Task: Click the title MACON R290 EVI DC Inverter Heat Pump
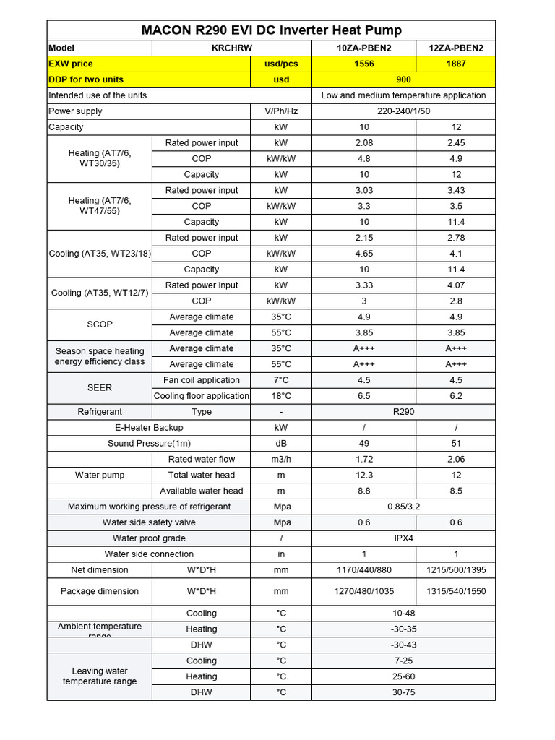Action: (271, 30)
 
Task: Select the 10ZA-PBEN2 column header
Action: (363, 48)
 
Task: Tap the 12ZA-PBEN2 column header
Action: (456, 48)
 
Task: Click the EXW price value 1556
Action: (363, 64)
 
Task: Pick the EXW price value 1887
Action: (456, 64)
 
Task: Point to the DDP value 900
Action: (403, 79)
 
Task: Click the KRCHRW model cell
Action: (202, 48)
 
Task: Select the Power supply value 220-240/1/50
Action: (403, 111)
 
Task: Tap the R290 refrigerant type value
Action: (403, 412)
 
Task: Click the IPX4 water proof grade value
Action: (403, 538)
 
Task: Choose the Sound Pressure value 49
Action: (363, 444)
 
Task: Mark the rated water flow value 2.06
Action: (456, 460)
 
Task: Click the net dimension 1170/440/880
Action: (363, 570)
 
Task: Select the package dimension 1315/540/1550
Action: (456, 591)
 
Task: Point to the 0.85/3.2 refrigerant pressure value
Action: (403, 507)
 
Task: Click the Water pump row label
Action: (100, 476)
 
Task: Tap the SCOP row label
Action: (100, 325)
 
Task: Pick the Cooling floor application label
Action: (202, 396)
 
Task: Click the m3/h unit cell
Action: (281, 460)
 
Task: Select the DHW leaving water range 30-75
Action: (403, 692)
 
